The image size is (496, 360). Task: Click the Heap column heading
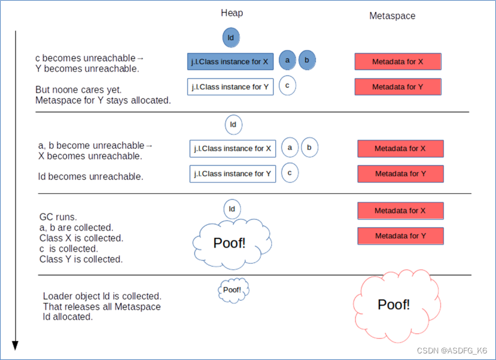click(232, 13)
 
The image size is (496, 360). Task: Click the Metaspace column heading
click(392, 16)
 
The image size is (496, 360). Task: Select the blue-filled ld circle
click(231, 38)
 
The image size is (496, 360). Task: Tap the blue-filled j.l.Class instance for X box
click(230, 62)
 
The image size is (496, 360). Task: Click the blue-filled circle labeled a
click(287, 60)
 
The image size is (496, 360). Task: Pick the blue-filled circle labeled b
click(307, 60)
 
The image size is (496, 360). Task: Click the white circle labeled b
click(309, 147)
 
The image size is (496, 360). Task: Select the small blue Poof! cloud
click(233, 290)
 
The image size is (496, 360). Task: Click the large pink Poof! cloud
click(397, 306)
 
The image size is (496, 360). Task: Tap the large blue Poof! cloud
click(232, 243)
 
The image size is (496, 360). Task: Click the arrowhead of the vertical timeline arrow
click(15, 346)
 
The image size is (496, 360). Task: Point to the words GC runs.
click(58, 217)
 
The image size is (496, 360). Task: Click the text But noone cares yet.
click(78, 90)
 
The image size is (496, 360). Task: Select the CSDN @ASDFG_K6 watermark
click(452, 350)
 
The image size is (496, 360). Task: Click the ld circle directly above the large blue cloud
click(232, 209)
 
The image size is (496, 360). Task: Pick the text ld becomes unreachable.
click(90, 176)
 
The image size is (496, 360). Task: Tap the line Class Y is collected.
click(81, 259)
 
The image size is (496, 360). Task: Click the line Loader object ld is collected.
click(102, 296)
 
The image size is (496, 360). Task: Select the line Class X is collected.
click(81, 238)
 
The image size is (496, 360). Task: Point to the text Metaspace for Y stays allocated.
click(103, 100)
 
